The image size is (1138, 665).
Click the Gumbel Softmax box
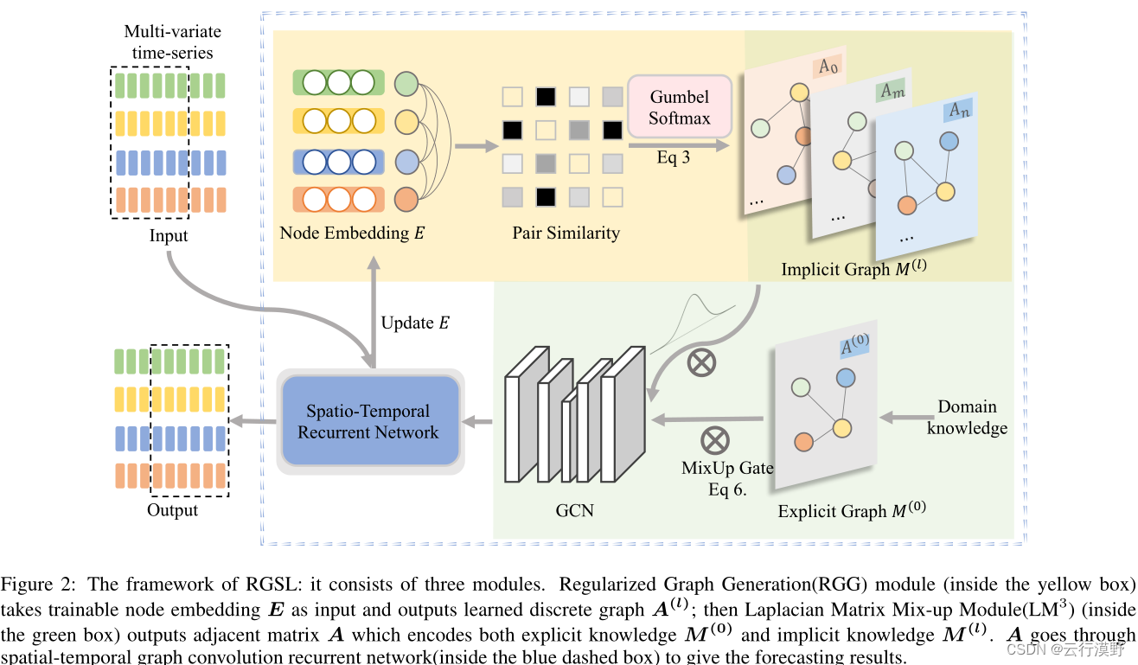click(x=679, y=107)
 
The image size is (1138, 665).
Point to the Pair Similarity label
click(x=566, y=233)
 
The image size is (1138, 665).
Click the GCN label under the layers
click(x=574, y=510)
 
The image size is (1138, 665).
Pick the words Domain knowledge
click(x=967, y=417)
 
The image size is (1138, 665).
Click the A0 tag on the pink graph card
click(x=828, y=66)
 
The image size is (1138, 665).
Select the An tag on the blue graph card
click(x=959, y=110)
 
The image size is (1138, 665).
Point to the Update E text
click(x=415, y=323)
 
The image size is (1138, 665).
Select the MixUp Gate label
click(x=726, y=468)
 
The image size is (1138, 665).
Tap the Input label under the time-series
click(x=168, y=236)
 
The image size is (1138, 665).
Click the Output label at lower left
click(x=172, y=510)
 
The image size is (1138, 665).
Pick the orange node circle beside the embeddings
click(x=406, y=201)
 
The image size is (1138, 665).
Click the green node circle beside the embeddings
click(x=406, y=84)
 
